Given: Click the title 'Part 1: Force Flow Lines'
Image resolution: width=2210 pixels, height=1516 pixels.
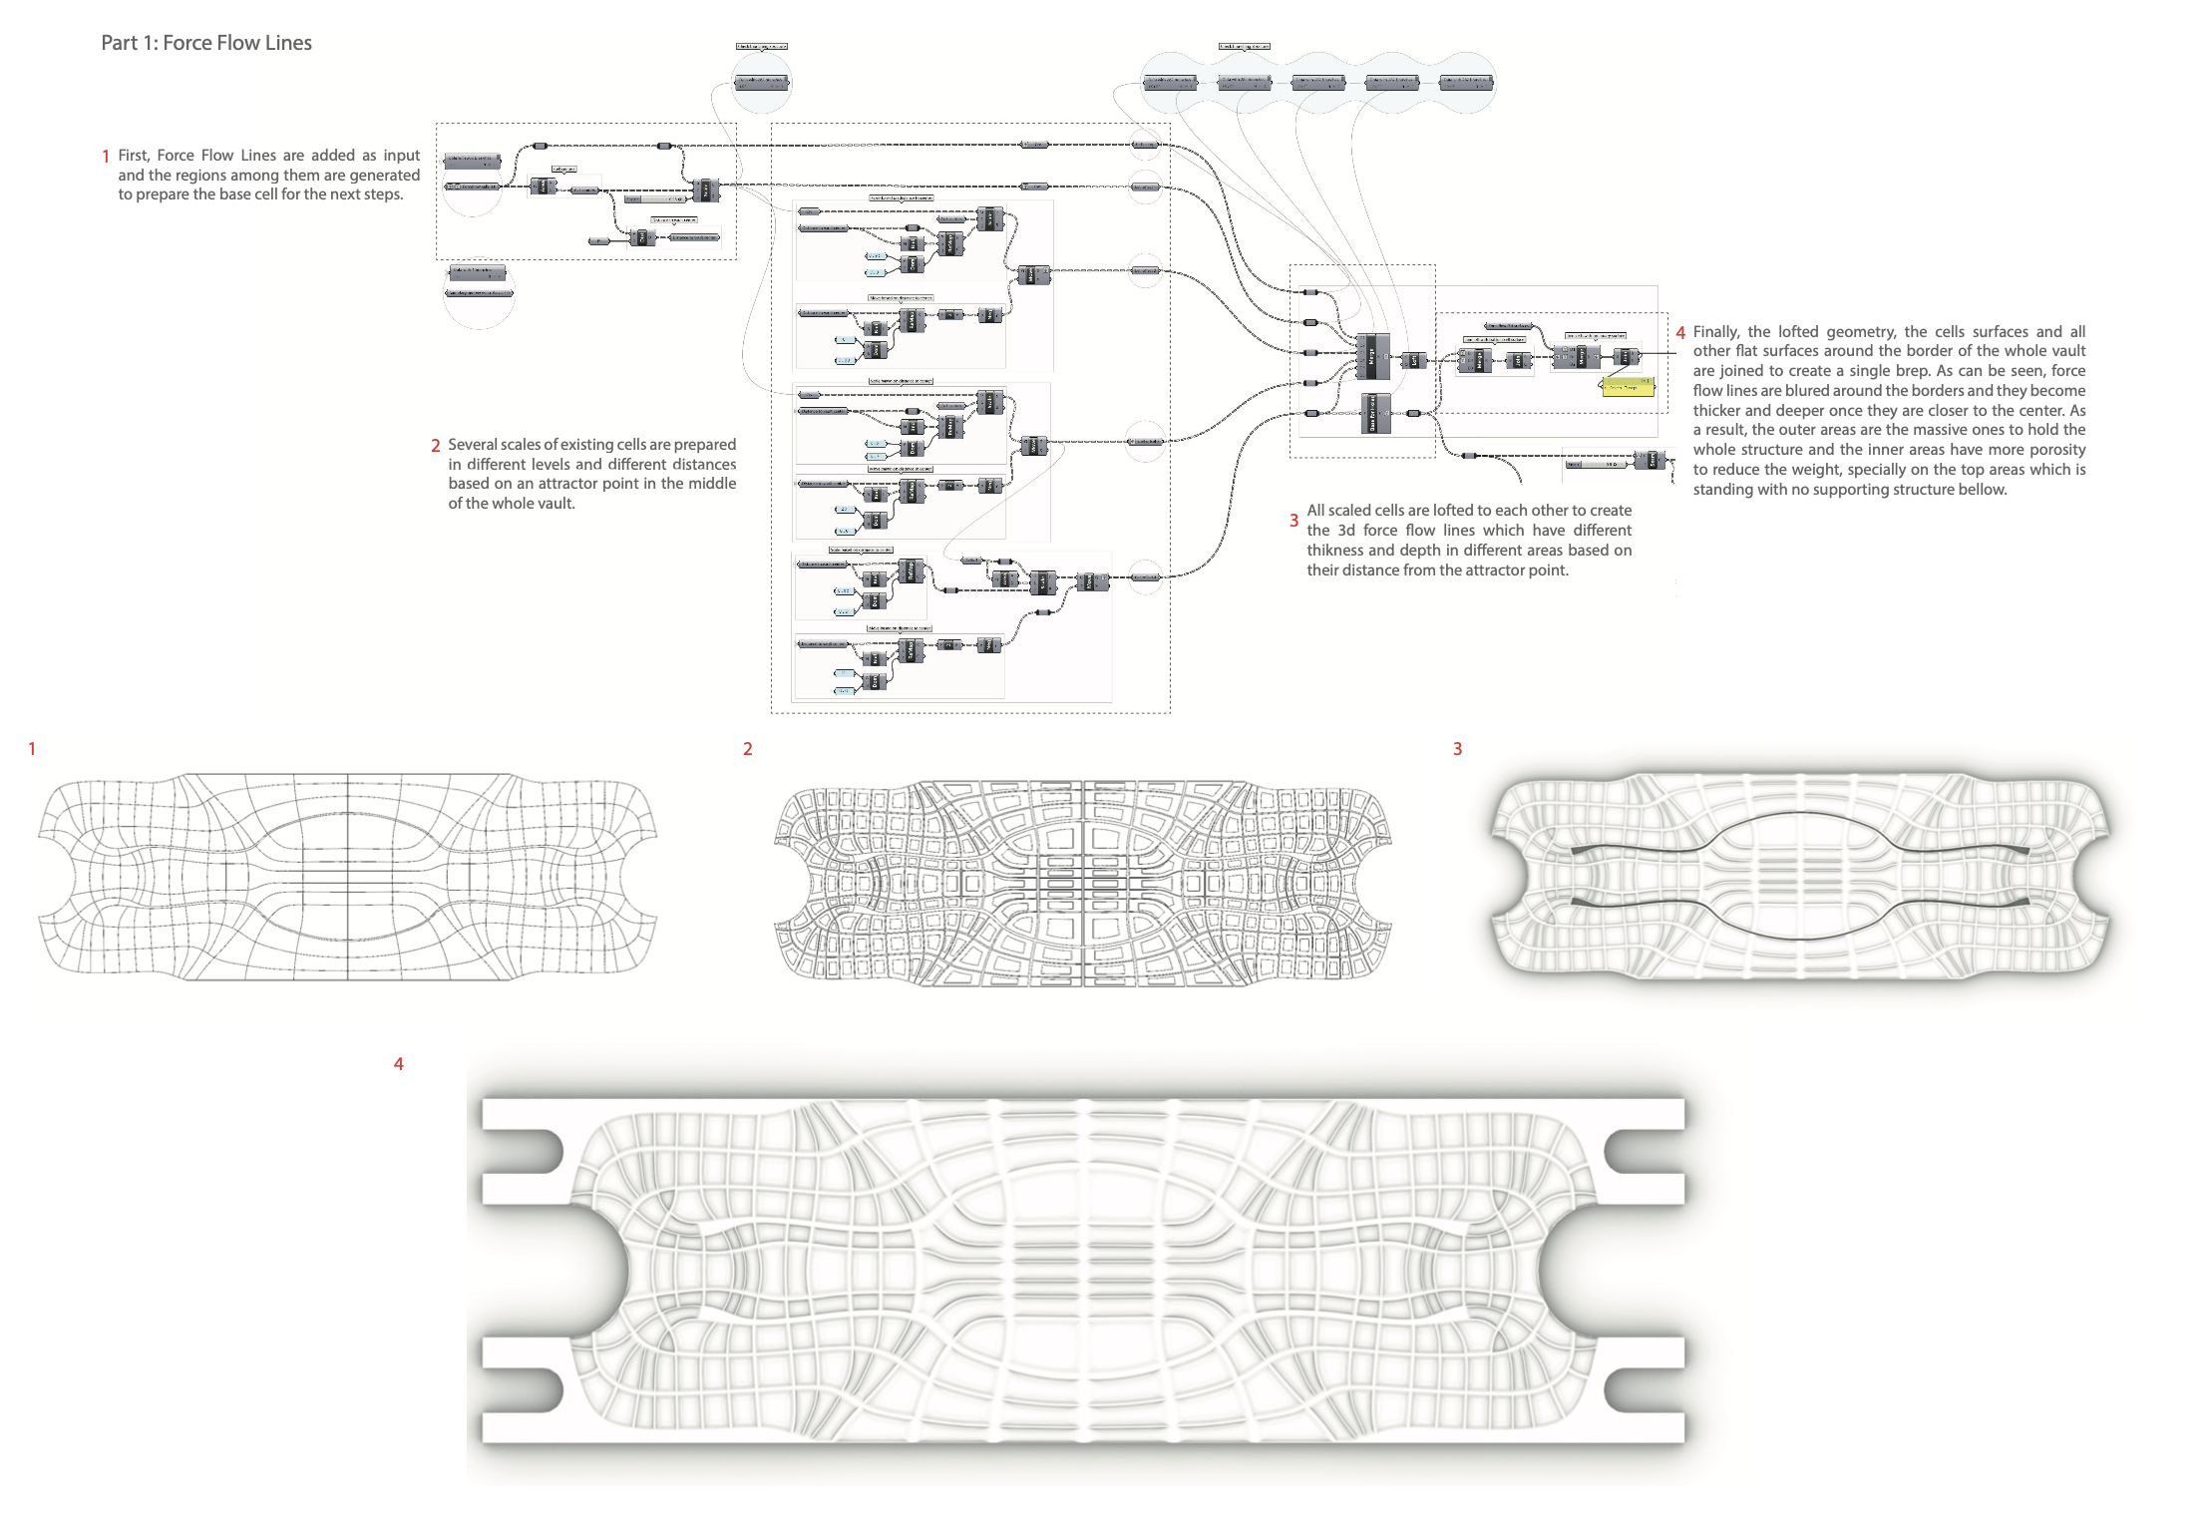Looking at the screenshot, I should [206, 43].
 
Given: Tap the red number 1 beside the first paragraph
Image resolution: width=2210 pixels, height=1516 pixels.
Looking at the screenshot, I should [106, 157].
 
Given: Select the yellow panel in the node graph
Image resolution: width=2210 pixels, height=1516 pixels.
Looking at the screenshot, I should [1628, 387].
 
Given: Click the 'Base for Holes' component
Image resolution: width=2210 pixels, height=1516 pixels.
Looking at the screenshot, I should [1374, 412].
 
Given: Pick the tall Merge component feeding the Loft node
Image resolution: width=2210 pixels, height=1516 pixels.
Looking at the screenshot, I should [1372, 356].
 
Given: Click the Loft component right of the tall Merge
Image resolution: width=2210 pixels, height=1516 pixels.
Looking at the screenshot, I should [1412, 360].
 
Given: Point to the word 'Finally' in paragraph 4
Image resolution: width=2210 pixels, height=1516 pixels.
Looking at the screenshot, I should [1715, 332].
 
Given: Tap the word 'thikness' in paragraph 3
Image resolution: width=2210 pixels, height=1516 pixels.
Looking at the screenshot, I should [1335, 551].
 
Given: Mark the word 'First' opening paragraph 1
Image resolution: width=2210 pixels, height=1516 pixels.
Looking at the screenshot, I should [133, 156].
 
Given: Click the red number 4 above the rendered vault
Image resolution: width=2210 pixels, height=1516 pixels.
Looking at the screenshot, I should [399, 1064].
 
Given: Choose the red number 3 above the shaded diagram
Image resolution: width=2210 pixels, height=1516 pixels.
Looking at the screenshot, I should [1457, 749].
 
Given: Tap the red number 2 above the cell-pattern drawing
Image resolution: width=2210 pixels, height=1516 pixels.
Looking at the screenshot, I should [747, 749].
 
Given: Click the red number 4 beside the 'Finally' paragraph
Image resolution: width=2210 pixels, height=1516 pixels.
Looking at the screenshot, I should [1680, 333].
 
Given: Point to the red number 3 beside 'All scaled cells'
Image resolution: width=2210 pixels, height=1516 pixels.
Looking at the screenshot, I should [1293, 521].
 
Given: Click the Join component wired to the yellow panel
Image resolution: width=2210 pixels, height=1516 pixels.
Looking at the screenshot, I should [1626, 356].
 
